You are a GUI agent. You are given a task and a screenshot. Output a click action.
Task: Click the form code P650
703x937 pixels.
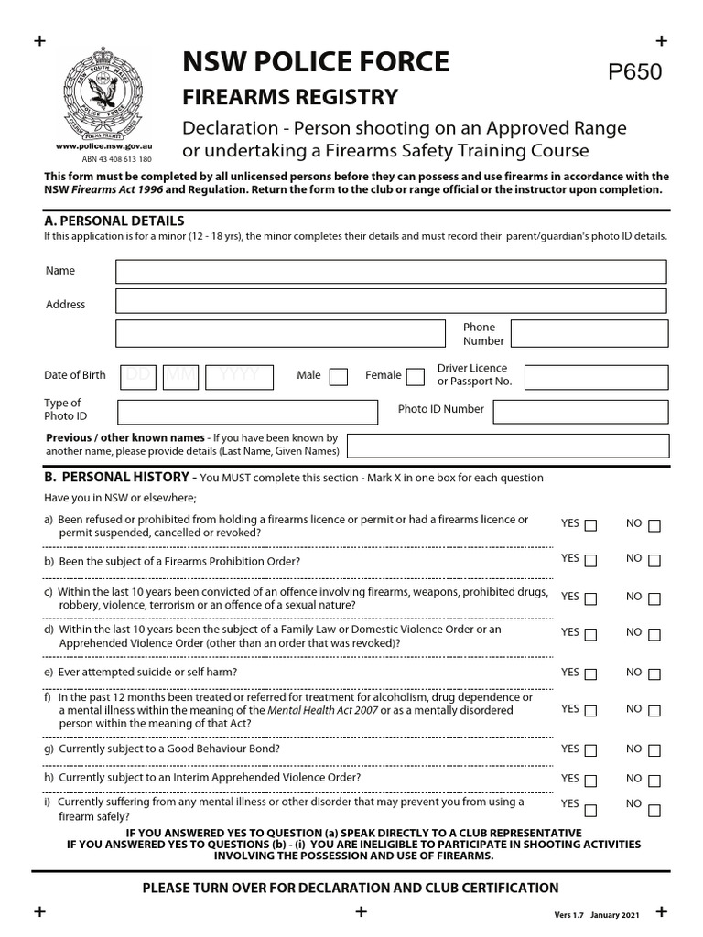[635, 73]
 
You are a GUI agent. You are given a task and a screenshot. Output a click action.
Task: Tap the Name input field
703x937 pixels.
[391, 272]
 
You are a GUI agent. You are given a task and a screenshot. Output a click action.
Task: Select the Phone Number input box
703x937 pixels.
[588, 333]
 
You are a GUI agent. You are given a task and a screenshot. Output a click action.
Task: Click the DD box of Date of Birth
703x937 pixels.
[139, 375]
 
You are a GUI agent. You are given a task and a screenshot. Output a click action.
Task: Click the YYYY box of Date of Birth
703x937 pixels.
[240, 375]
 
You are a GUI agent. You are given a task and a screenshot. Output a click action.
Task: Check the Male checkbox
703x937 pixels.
[338, 376]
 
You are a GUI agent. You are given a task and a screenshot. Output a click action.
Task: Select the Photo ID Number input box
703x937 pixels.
[579, 411]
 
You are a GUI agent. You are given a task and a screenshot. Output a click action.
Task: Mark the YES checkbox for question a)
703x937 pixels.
[590, 525]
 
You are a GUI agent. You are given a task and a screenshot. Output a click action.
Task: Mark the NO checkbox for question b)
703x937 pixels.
[654, 560]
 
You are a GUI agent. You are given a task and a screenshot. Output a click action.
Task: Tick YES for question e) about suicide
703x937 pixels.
[590, 673]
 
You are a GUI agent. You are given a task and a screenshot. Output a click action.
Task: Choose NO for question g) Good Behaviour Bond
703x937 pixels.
[654, 750]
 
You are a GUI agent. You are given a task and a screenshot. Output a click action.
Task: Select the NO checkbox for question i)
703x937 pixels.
[654, 810]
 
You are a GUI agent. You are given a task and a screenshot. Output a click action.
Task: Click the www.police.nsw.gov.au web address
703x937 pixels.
[103, 146]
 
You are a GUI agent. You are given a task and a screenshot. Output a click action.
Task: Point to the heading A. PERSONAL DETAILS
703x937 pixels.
[114, 221]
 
